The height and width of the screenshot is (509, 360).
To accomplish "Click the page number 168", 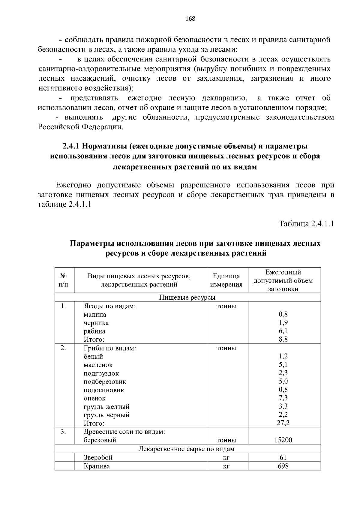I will [190, 19].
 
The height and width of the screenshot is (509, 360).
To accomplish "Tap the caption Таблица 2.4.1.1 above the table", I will [306, 224].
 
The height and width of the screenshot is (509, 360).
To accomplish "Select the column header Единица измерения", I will [226, 280].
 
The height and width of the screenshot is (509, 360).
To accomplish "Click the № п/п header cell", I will [63, 280].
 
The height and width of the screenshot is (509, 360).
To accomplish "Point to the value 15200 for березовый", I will [283, 440].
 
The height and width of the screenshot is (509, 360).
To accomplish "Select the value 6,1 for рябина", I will [283, 331].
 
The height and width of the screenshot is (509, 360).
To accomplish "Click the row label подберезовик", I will [105, 382].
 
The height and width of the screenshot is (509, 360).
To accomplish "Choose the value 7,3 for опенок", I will [283, 398].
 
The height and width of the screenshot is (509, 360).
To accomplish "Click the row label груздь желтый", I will [106, 407].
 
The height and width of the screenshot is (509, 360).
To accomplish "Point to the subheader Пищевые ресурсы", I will [187, 297].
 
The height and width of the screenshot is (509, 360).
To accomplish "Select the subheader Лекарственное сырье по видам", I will [186, 449].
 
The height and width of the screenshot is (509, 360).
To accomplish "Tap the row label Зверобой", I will [98, 457].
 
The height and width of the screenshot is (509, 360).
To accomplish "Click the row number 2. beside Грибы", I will [63, 348].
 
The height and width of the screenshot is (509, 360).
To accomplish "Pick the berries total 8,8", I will [283, 340].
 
